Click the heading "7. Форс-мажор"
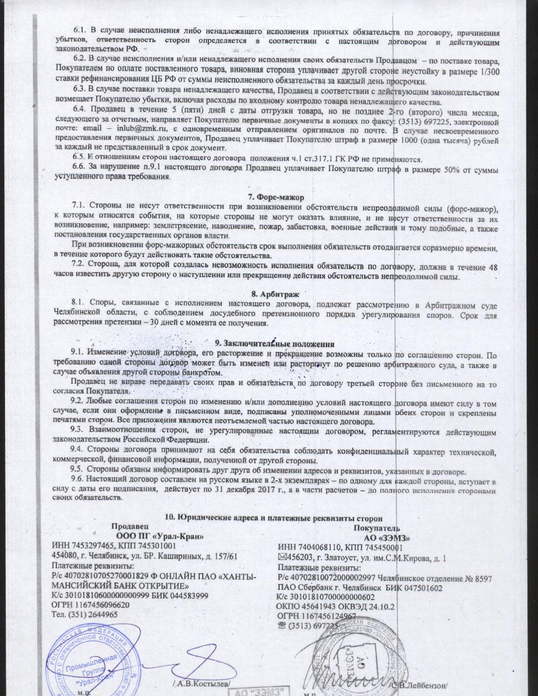pos(276,197)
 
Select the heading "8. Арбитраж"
pos(275,294)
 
